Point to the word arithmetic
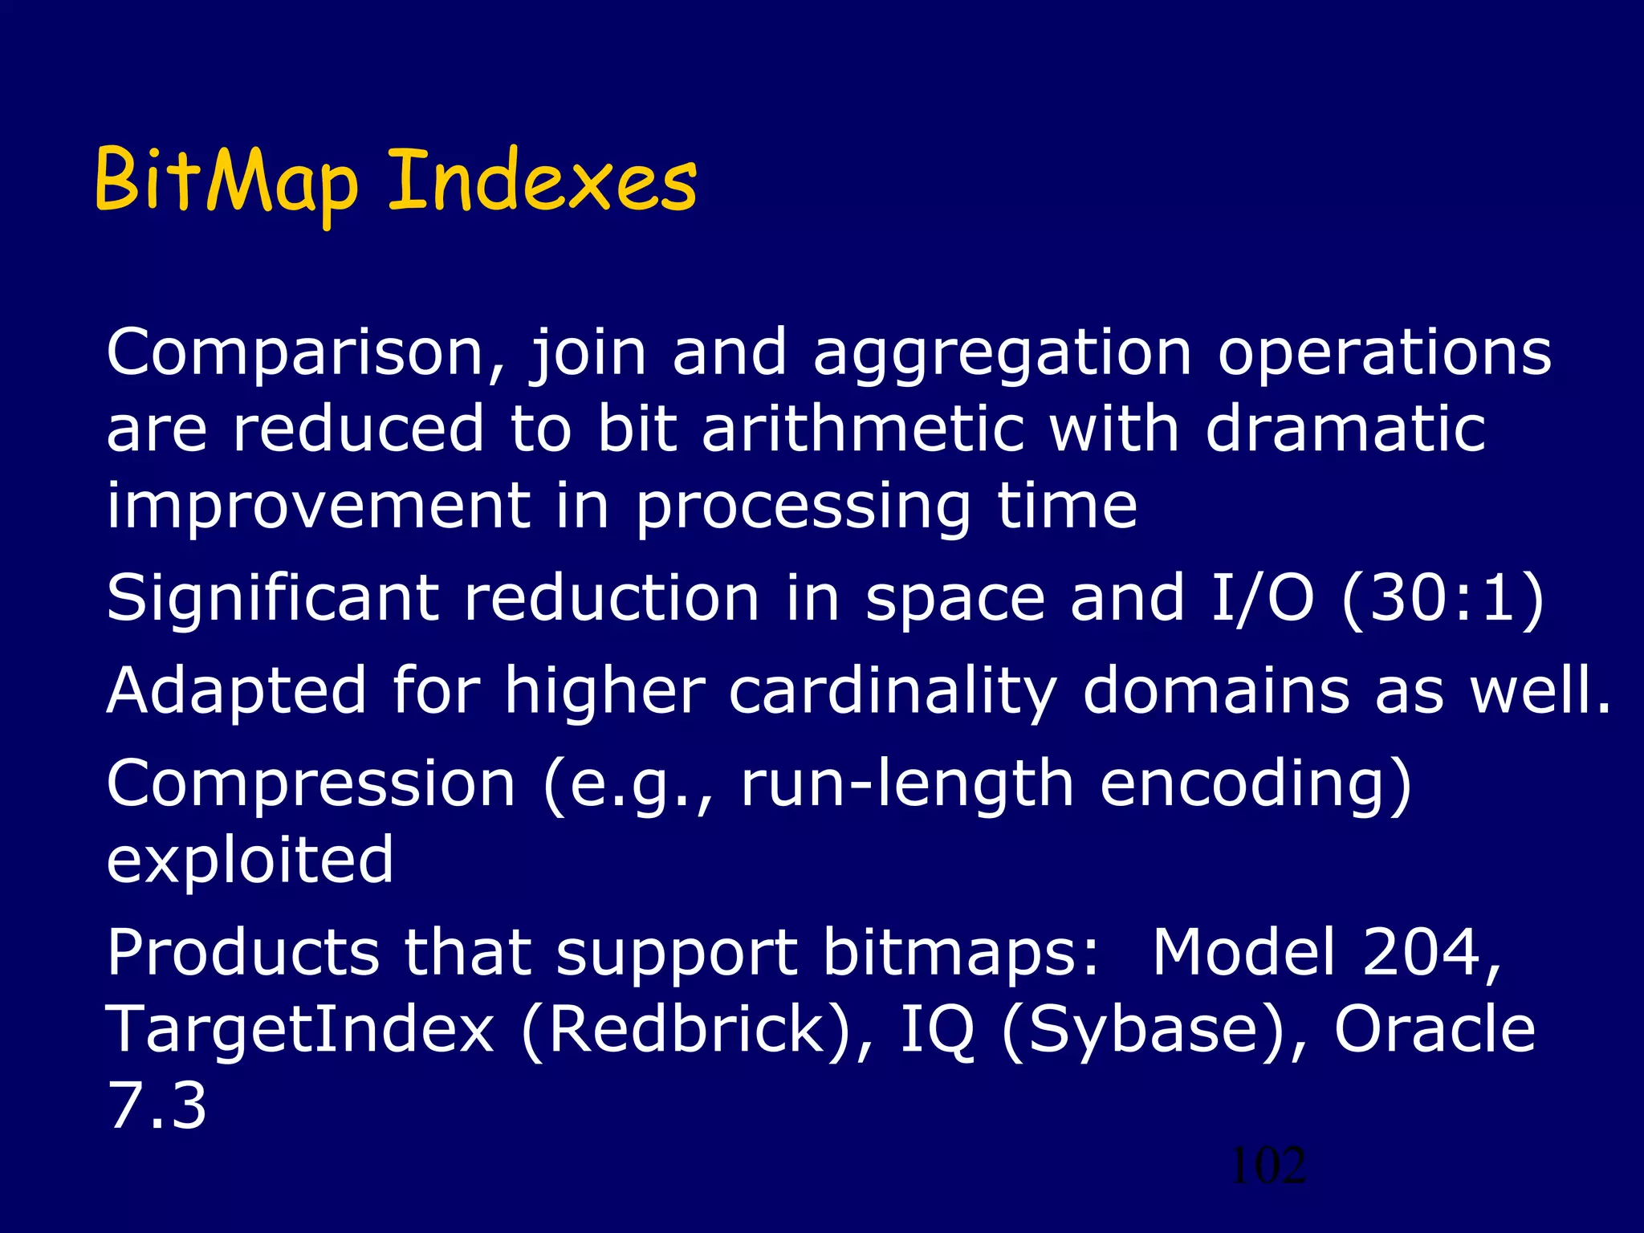863,429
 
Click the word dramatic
1345,429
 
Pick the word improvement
318,507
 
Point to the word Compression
311,785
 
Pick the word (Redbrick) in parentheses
696,1032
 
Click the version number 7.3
157,1106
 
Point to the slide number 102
1268,1166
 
